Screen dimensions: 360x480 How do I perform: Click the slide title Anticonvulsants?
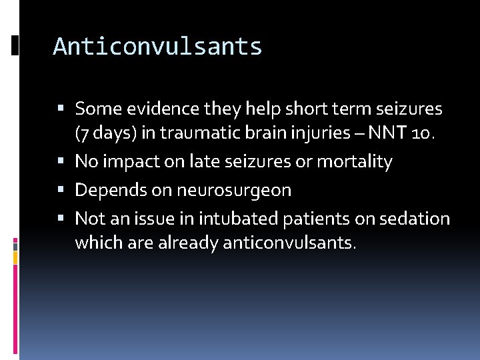[x=157, y=47]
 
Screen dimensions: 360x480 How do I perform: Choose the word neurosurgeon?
[x=234, y=190]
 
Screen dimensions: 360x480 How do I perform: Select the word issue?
[x=154, y=219]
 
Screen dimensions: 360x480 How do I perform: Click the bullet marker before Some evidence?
[x=61, y=108]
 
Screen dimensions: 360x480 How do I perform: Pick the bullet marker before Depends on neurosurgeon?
[x=61, y=190]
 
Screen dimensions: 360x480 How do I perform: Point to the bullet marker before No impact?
[x=61, y=161]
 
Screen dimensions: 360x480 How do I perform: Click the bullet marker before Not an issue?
[x=61, y=219]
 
